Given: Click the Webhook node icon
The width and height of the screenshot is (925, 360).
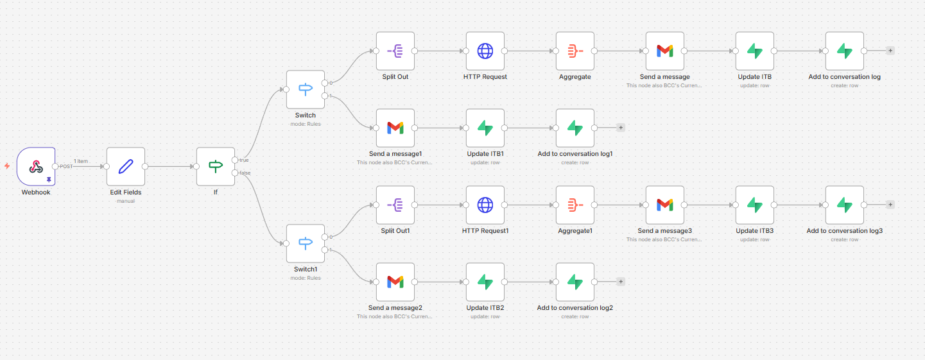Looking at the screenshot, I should tap(36, 166).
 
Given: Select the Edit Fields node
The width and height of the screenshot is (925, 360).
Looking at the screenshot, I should tap(126, 166).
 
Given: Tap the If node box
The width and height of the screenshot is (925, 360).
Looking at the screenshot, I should tap(216, 166).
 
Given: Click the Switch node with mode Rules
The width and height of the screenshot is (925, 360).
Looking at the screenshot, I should tap(306, 89).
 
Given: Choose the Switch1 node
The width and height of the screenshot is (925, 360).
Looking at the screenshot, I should tap(306, 243).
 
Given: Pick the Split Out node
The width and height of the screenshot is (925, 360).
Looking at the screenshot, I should tap(395, 51).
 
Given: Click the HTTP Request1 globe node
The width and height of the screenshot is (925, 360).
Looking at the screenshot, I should tap(485, 205).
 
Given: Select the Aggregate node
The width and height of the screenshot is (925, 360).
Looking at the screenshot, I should tap(575, 51).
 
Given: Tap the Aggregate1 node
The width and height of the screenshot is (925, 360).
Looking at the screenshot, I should tap(575, 205).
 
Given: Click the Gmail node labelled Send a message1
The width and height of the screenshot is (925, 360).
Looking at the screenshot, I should tap(395, 128).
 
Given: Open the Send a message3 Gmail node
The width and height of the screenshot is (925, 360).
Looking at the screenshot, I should tap(665, 205).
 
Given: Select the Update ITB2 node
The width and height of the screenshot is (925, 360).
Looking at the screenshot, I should tap(485, 282).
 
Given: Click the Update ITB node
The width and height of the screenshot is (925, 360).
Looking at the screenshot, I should tap(755, 51).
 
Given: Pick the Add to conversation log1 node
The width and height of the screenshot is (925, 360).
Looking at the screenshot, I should tap(575, 128).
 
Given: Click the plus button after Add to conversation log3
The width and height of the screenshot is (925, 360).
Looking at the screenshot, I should tap(890, 205).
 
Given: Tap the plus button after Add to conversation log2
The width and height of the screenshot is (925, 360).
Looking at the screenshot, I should tap(621, 282).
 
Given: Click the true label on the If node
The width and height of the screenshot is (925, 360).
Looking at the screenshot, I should tap(244, 160).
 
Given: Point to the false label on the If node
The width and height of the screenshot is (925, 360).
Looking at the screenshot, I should tap(245, 173).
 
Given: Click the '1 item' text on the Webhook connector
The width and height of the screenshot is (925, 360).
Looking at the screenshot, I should tap(81, 161).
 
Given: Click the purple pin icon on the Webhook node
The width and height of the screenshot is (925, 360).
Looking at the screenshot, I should tap(49, 181).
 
